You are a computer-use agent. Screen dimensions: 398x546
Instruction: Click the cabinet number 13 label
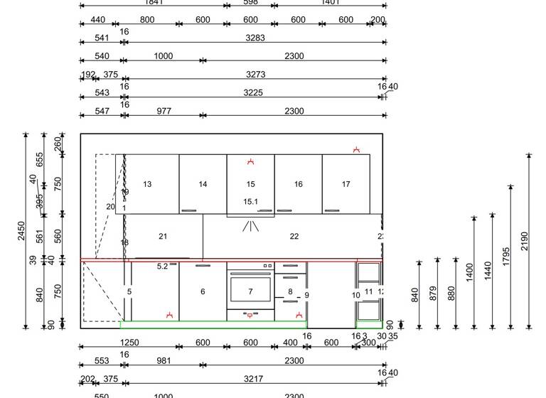pos(147,184)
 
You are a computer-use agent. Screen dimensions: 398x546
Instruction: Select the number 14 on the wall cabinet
pos(203,184)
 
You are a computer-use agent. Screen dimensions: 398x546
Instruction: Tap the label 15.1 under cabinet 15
pos(250,202)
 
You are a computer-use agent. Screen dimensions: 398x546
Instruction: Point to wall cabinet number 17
pos(346,184)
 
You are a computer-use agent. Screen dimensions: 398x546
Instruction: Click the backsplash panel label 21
pos(163,237)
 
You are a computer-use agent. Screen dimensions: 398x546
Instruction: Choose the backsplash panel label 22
pos(294,237)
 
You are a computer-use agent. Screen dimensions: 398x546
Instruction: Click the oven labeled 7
pos(250,291)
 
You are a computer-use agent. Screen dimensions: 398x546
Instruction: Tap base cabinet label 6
pos(203,291)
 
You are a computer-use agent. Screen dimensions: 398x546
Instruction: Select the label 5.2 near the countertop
pos(162,267)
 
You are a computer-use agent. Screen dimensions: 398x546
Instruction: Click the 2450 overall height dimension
pos(21,231)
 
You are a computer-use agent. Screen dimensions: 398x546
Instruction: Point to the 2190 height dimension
pos(525,242)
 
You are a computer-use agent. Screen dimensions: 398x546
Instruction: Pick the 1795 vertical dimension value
pos(506,257)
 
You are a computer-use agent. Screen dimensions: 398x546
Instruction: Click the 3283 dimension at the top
pos(255,38)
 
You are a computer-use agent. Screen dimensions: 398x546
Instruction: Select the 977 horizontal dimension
pos(164,111)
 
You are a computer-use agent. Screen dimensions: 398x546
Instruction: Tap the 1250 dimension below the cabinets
pos(130,343)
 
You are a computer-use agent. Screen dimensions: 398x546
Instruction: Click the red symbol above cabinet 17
pos(357,150)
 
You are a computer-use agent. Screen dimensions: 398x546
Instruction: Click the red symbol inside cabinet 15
pos(250,162)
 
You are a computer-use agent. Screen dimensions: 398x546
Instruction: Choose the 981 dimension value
pos(164,360)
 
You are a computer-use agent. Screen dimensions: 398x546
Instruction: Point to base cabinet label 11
pos(368,291)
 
